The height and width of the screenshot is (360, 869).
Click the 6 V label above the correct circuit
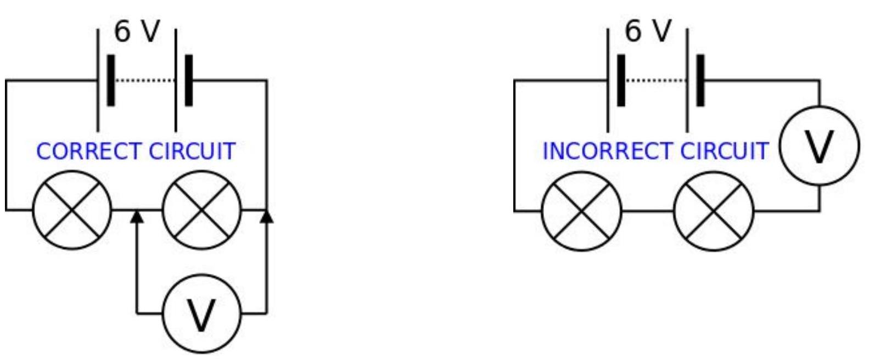pyautogui.click(x=137, y=31)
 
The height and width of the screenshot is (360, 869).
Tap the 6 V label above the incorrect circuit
pyautogui.click(x=647, y=31)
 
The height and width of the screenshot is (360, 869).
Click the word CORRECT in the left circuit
pyautogui.click(x=89, y=151)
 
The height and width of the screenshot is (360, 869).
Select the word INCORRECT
pyautogui.click(x=608, y=151)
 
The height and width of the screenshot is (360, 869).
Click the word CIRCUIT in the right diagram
pyautogui.click(x=725, y=151)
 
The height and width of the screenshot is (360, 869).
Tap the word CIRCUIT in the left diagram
pyautogui.click(x=192, y=151)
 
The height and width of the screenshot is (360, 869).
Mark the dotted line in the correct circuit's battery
pyautogui.click(x=145, y=81)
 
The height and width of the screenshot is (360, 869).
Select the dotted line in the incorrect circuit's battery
pyautogui.click(x=656, y=81)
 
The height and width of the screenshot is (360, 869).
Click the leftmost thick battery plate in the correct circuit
pyautogui.click(x=111, y=80)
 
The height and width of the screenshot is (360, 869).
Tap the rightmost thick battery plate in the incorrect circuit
pyautogui.click(x=700, y=80)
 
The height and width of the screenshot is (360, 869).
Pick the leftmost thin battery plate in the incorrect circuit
pyautogui.click(x=608, y=80)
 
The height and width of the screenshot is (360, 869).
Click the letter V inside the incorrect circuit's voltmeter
pyautogui.click(x=820, y=148)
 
